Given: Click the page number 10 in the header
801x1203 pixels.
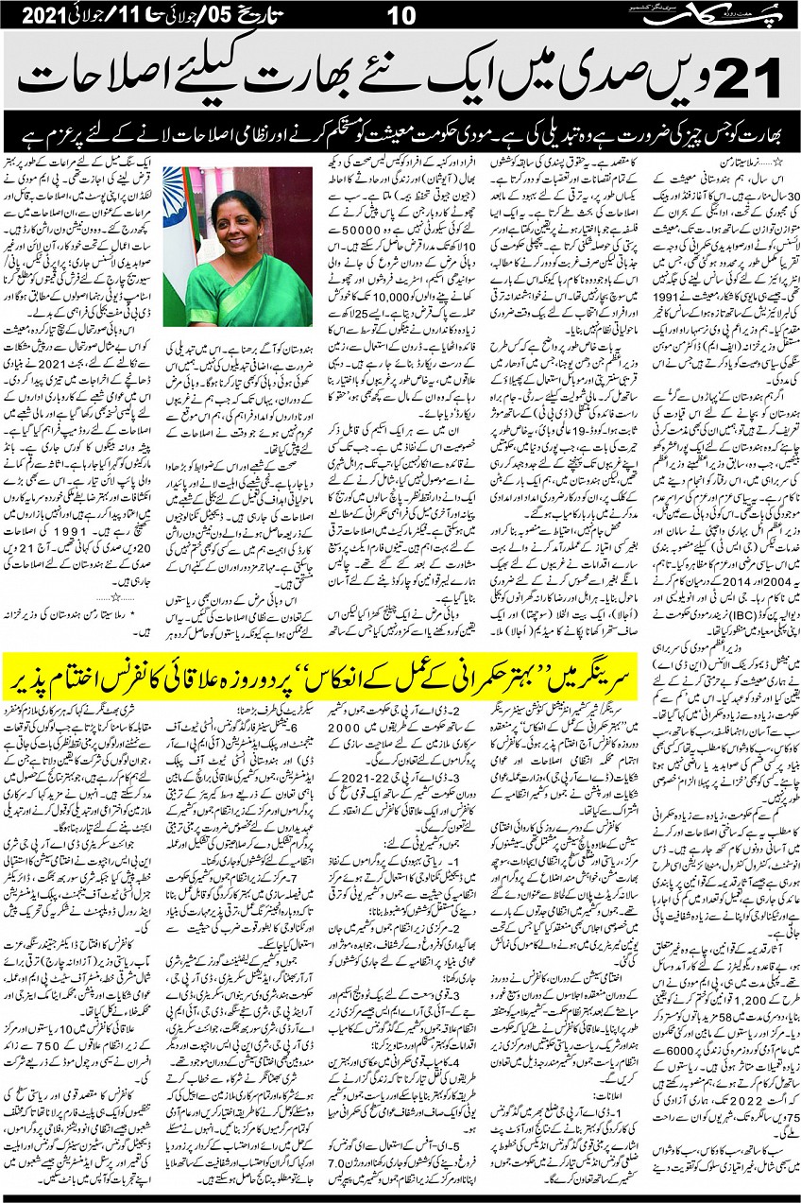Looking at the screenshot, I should pos(400,14).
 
